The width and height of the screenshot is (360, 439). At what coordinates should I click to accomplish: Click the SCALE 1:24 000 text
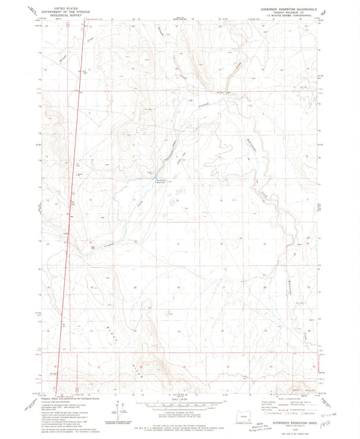(180, 403)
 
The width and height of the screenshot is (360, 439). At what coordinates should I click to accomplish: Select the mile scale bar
(180, 407)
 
